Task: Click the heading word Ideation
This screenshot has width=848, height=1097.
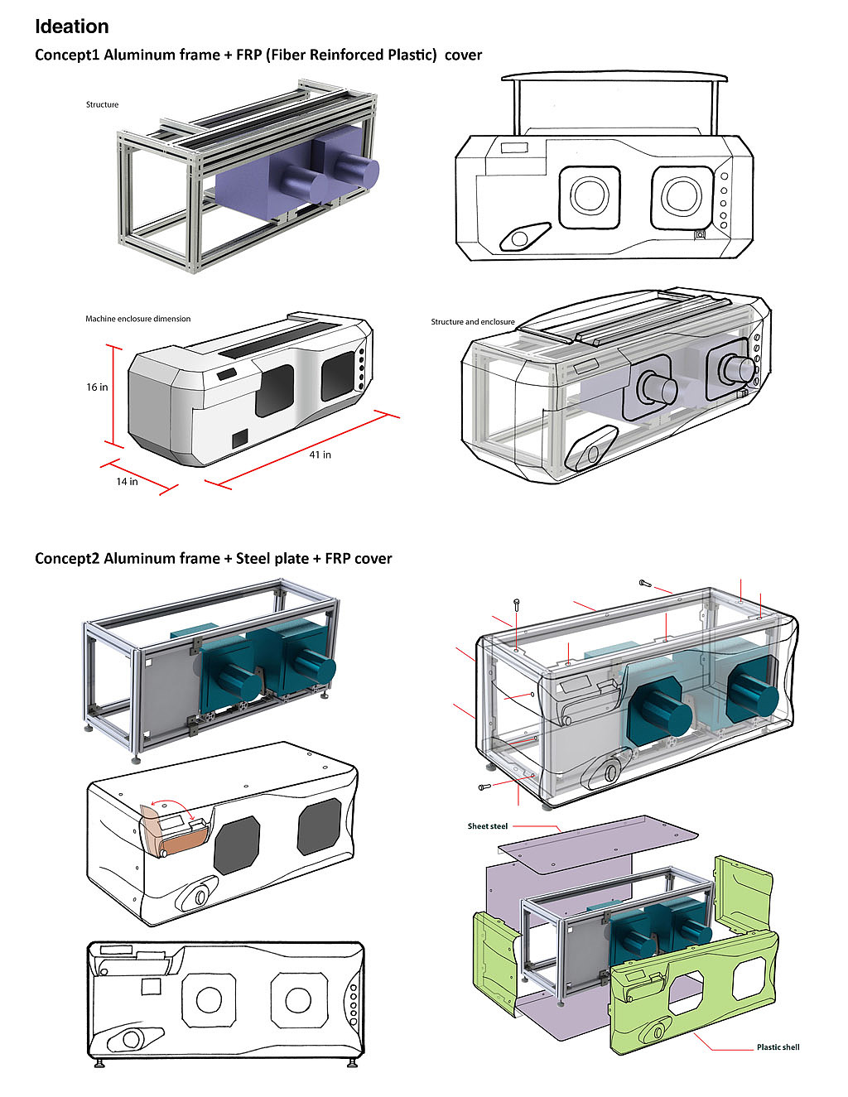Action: coord(71,26)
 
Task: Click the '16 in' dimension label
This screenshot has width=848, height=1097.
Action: coord(97,387)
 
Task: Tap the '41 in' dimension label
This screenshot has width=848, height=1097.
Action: coord(320,455)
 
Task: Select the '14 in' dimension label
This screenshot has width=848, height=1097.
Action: coord(127,481)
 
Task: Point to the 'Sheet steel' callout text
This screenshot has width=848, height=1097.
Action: coord(487,826)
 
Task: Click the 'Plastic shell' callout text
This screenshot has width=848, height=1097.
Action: coord(778,1047)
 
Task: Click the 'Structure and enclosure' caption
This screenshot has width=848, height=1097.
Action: coord(472,322)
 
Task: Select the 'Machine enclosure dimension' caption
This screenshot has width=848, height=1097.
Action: coord(137,319)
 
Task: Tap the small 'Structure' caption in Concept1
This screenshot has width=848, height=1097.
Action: coord(102,104)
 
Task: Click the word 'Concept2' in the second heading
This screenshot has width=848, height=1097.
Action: coord(66,559)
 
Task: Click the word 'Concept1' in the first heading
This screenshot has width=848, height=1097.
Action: coord(66,55)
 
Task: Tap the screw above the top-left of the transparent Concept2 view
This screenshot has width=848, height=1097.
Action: coord(517,604)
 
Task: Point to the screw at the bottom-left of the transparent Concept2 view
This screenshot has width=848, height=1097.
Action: coord(485,786)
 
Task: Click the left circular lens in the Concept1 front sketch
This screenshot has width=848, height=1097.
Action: coord(589,196)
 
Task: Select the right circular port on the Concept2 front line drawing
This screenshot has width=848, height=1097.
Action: coord(298,1000)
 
